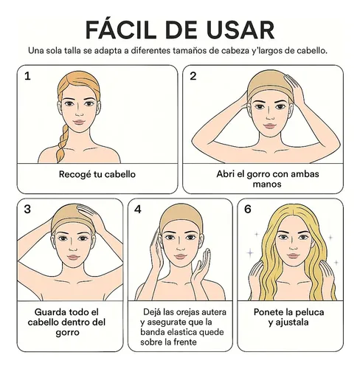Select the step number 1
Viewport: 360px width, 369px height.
pos(27,76)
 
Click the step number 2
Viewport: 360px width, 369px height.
pos(193,76)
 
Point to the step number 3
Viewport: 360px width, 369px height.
pos(27,209)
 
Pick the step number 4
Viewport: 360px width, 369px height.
pos(138,209)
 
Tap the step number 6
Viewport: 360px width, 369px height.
pos(248,209)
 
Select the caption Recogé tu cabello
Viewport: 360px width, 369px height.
pos(97,174)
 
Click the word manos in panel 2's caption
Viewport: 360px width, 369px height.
pos(267,184)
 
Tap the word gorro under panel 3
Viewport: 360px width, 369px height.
pos(67,333)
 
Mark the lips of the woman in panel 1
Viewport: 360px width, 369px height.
pos(79,122)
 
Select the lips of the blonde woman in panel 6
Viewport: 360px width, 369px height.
pos(293,256)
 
